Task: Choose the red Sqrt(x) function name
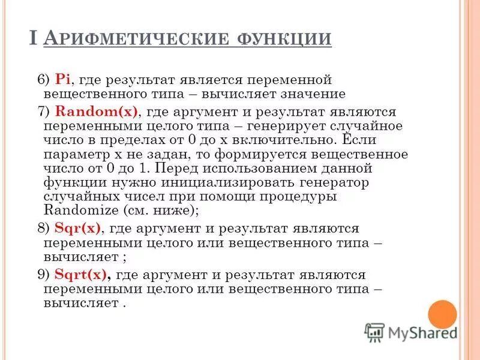pos(81,275)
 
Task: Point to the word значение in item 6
pos(311,94)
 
